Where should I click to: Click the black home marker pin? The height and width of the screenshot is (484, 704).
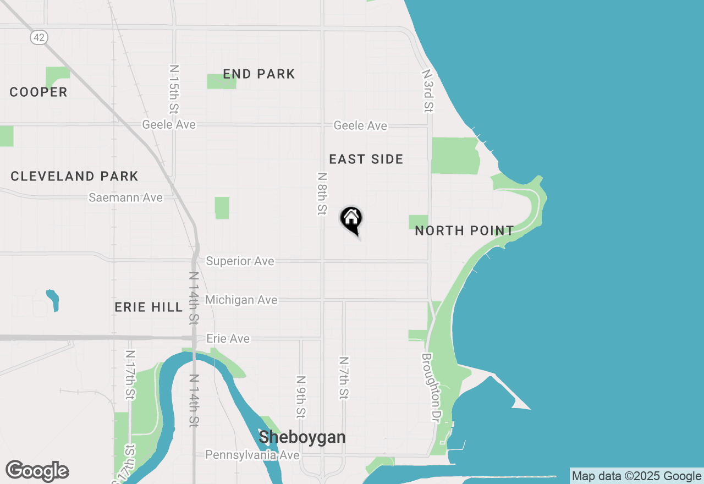pos(351,219)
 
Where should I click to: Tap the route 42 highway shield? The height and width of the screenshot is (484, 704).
pos(39,37)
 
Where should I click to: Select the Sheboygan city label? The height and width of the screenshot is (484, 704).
pos(302,437)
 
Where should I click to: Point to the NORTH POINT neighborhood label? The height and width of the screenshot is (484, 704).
pos(464,230)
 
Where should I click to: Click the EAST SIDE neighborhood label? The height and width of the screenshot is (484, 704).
pos(366,159)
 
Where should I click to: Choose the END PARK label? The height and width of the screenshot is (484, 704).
pos(259,74)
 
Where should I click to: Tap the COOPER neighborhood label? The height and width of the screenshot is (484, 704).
pos(38,92)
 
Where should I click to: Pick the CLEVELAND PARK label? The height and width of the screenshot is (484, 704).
pos(74,177)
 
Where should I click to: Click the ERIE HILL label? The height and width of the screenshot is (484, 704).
pos(148,307)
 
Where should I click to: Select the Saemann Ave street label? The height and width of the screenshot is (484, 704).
pos(126,197)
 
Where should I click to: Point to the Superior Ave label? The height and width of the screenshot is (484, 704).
pos(240,261)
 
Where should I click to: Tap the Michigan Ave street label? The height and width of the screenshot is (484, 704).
pos(241,300)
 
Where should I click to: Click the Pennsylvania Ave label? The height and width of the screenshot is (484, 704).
pos(252,455)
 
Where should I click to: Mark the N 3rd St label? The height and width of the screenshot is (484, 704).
pos(428,91)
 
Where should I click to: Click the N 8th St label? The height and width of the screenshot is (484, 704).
pos(322,194)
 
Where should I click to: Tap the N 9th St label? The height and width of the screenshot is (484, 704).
pos(300,397)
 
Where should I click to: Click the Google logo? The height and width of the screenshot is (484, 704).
pos(37,471)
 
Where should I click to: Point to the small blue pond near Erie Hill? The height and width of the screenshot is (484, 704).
pos(53,300)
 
